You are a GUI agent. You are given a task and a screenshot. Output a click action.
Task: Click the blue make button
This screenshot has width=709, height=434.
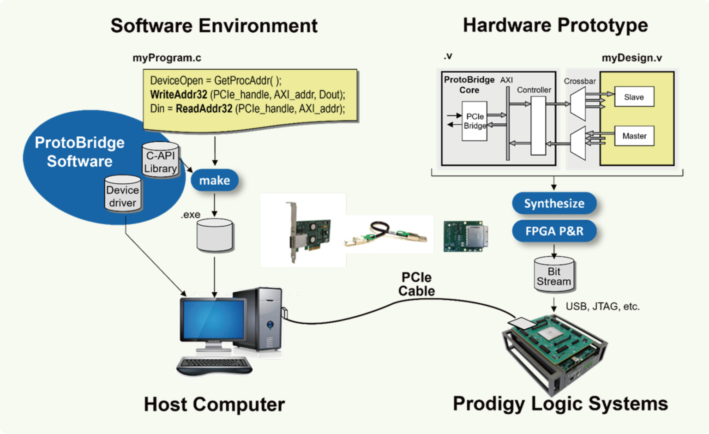click(215, 180)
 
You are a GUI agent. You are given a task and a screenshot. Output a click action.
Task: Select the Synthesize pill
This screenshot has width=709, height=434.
click(554, 203)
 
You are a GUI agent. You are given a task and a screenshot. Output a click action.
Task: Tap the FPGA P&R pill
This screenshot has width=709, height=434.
click(554, 231)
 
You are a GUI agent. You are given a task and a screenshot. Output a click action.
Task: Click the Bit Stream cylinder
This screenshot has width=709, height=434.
click(554, 276)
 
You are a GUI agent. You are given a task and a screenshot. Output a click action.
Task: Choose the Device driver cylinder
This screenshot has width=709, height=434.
click(122, 195)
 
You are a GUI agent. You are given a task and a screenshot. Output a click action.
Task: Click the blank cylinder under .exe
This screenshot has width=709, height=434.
click(215, 236)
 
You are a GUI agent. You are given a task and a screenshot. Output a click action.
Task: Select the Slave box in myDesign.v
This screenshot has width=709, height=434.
click(634, 97)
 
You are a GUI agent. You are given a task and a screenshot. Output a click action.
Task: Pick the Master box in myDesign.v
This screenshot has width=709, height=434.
click(634, 136)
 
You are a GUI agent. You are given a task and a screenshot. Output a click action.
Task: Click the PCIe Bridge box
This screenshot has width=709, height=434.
click(475, 121)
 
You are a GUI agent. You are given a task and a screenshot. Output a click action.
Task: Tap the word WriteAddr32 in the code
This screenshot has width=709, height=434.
click(179, 95)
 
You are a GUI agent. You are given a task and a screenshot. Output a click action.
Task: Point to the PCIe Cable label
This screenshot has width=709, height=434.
click(416, 284)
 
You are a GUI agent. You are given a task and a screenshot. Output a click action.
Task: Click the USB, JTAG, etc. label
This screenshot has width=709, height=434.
click(602, 307)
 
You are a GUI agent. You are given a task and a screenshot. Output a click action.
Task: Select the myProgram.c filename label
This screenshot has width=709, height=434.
click(167, 58)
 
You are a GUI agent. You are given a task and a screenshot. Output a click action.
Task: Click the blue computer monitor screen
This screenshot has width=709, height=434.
click(213, 319)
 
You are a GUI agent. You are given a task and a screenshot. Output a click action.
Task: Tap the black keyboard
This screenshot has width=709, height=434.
click(214, 365)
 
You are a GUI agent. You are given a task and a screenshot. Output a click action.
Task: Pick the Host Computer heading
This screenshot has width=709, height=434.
click(214, 404)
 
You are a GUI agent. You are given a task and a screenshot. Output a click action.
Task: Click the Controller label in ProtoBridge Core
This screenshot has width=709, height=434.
click(534, 90)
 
